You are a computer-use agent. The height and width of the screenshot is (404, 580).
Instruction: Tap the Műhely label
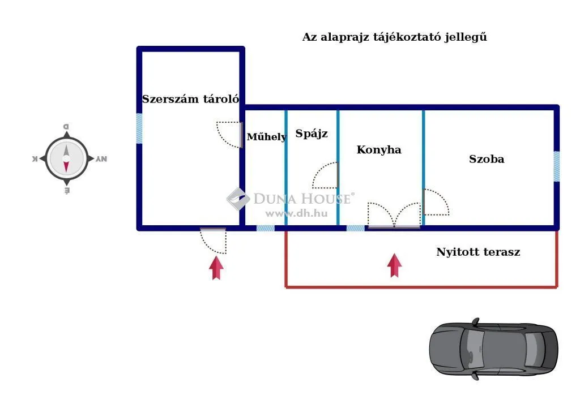point(266,137)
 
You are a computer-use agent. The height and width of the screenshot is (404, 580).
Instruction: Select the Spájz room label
point(312,134)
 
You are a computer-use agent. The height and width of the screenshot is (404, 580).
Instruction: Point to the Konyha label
point(379,150)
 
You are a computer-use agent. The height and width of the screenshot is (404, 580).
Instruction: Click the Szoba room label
point(487,160)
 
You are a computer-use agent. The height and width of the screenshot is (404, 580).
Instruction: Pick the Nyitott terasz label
point(478,252)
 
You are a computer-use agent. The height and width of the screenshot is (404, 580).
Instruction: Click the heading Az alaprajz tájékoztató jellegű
point(395,37)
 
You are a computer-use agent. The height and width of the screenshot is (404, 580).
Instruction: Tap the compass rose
point(66,159)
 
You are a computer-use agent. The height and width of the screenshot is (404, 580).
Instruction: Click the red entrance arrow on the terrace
point(395,265)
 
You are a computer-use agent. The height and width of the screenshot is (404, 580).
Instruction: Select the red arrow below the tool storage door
point(216,268)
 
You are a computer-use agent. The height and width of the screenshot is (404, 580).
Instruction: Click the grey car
point(493,349)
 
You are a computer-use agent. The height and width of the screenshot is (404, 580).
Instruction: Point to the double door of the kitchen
point(394,215)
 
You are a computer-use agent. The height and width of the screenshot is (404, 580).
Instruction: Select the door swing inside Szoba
point(435,202)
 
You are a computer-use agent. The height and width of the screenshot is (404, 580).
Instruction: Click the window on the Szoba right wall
point(557,166)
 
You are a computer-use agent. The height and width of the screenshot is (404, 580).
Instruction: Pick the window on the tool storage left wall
point(139,128)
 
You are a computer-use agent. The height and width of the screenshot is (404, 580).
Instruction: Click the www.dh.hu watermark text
point(289,213)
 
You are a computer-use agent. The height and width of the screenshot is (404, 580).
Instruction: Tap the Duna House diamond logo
point(238,199)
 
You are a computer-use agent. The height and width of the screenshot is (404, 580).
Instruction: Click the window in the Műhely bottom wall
point(265,228)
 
